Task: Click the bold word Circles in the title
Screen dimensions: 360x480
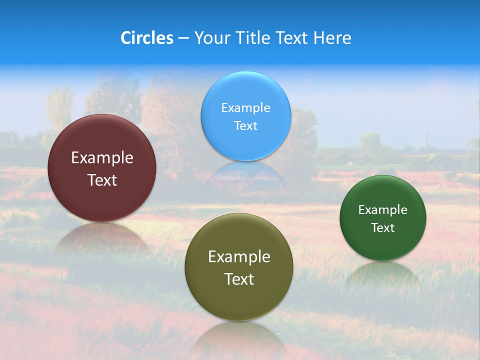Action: coord(147,38)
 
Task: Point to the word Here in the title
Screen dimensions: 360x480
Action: coord(332,38)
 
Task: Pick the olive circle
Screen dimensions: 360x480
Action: coord(239,300)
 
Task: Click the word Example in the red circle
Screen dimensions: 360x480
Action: coord(102,158)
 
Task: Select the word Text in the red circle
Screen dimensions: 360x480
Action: coord(102,180)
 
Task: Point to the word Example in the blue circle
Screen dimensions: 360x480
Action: coord(246,108)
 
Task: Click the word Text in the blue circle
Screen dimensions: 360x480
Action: coord(246,125)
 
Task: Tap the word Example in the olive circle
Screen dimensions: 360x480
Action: coord(239,257)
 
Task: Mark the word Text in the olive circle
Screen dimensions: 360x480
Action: coord(239,279)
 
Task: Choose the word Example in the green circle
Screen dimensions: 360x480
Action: coord(383,210)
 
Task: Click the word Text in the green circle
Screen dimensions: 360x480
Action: coord(383,228)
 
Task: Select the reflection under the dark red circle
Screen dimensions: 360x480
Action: coord(102,237)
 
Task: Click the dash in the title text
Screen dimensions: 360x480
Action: coord(183,38)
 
